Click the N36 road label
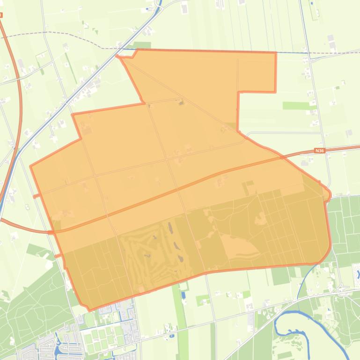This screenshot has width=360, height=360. tap(319, 151)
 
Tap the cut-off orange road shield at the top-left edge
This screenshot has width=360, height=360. tap(1, 15)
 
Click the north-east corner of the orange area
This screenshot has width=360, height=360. tap(275, 52)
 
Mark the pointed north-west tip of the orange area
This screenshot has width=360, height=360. tap(118, 57)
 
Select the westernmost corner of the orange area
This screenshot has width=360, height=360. tap(31, 166)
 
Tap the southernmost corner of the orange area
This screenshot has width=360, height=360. tap(89, 309)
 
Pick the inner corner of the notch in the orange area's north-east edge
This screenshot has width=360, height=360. tap(239, 92)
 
